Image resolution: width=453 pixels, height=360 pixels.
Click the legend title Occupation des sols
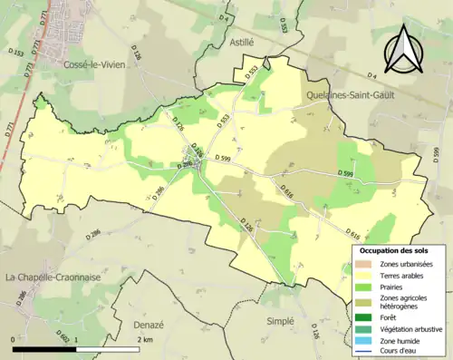coord(400,249)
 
